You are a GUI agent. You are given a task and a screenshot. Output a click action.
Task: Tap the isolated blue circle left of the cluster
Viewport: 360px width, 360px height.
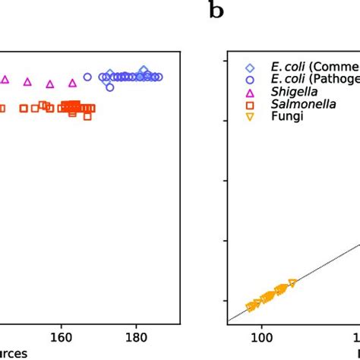[87, 77]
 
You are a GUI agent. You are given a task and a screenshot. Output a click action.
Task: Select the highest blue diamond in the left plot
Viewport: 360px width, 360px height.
[144, 70]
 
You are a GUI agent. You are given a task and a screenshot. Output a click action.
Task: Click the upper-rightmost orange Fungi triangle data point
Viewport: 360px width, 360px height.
[292, 283]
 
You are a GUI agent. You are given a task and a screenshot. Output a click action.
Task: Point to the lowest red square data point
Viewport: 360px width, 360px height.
[88, 116]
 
